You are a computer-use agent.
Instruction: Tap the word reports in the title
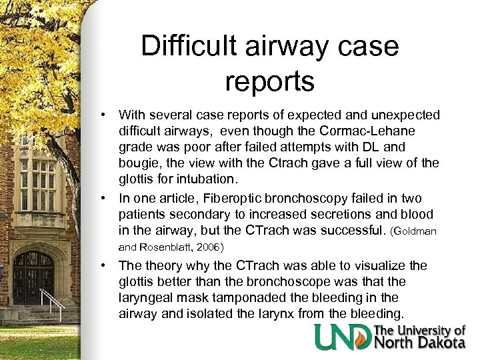point(270,81)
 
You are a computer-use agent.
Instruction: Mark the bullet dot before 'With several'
point(105,117)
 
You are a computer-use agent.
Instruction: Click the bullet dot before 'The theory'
point(105,266)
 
